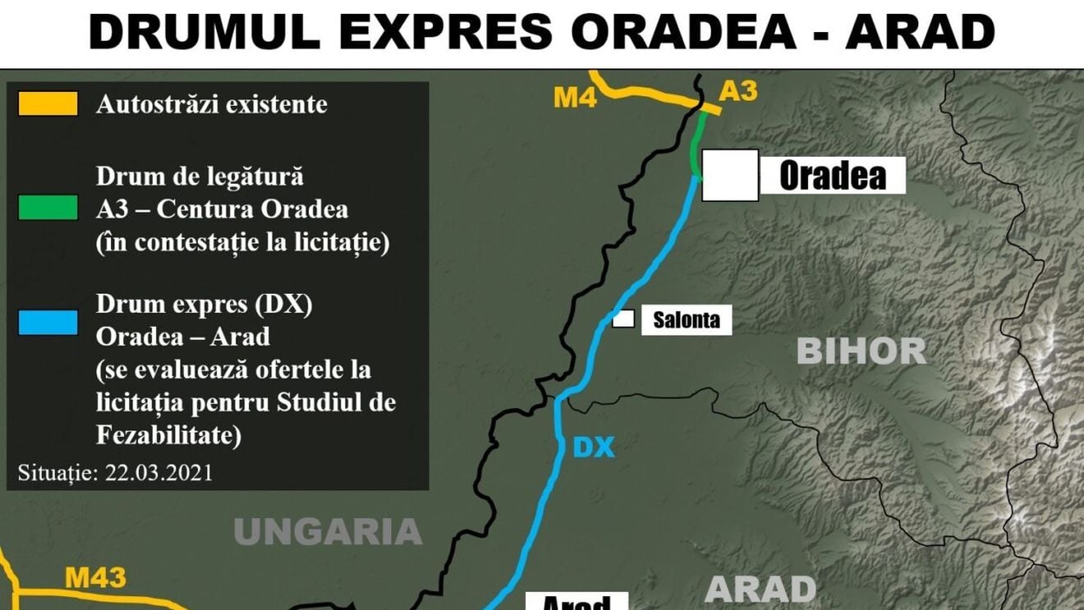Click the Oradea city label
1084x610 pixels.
[x=832, y=176]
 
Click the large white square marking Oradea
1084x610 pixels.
[x=730, y=175]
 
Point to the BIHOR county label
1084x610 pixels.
[x=861, y=351]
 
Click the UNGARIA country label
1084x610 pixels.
[x=328, y=532]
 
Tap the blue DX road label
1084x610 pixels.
[x=593, y=447]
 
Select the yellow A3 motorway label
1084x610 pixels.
[x=737, y=91]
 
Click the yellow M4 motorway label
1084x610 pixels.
[x=574, y=98]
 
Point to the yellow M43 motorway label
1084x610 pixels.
[x=95, y=578]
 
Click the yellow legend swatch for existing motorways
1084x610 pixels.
[x=48, y=103]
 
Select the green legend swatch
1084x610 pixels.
[x=48, y=208]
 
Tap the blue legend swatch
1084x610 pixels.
[x=48, y=322]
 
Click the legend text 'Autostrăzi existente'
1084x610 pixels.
[x=212, y=105]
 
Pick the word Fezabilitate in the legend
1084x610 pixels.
[x=168, y=436]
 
